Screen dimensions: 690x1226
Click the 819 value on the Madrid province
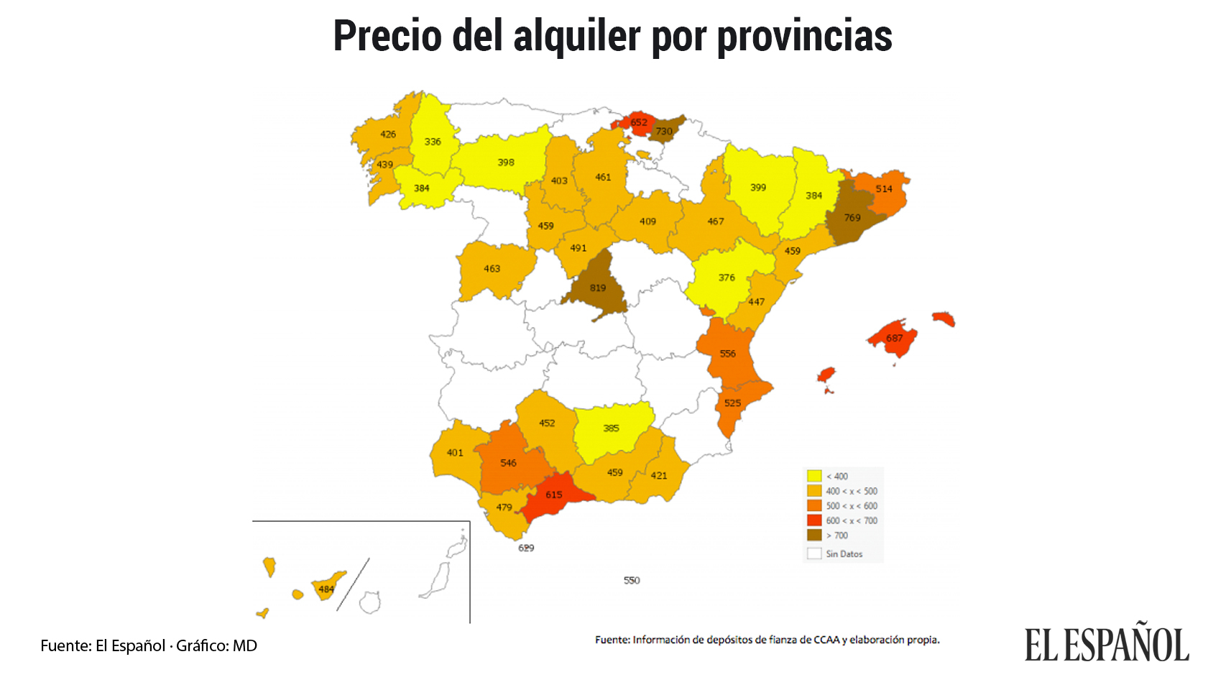click(x=598, y=288)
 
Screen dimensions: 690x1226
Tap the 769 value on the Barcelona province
click(x=852, y=218)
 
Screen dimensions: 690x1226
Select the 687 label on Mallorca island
click(x=894, y=339)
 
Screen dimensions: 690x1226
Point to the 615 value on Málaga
click(x=553, y=495)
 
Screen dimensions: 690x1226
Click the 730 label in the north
click(x=664, y=132)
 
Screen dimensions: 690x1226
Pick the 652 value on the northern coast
click(x=639, y=122)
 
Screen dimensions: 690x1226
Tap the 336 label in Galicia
click(x=433, y=142)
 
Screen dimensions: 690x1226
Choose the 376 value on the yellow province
click(x=727, y=277)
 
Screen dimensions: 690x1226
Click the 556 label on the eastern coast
click(x=728, y=354)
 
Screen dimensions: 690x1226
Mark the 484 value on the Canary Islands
click(x=326, y=589)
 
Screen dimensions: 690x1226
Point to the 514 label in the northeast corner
click(x=884, y=189)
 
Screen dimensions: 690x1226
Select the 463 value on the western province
click(x=492, y=269)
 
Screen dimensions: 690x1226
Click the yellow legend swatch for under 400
click(x=814, y=476)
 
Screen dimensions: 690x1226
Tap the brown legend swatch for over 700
click(x=814, y=535)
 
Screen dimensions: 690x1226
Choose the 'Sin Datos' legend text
click(x=844, y=554)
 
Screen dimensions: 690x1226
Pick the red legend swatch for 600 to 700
click(x=814, y=520)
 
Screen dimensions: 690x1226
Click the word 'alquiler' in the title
click(x=576, y=36)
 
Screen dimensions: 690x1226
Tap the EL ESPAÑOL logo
click(x=1107, y=644)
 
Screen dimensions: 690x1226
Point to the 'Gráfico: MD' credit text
click(x=216, y=645)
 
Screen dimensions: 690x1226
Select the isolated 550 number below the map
click(x=632, y=581)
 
